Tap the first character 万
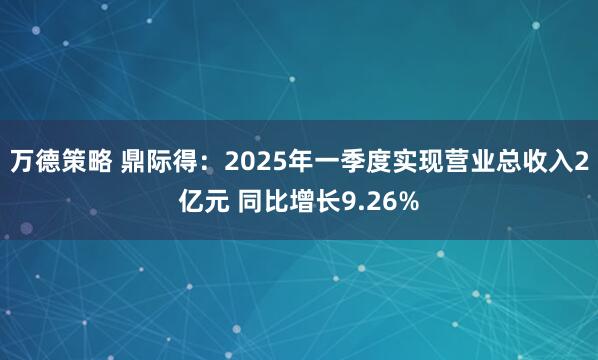point(21,160)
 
